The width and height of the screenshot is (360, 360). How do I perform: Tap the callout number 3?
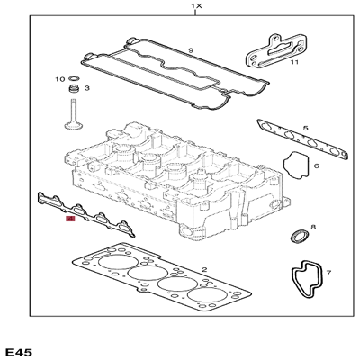tap(87, 88)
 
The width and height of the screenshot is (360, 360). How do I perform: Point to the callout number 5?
tap(307, 129)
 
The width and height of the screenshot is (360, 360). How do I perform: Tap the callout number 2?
tap(204, 269)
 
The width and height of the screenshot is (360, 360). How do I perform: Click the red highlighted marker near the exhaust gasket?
tap(71, 218)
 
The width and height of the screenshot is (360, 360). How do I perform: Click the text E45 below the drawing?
tap(22, 348)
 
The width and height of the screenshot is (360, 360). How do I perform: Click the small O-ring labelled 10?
tap(75, 79)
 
